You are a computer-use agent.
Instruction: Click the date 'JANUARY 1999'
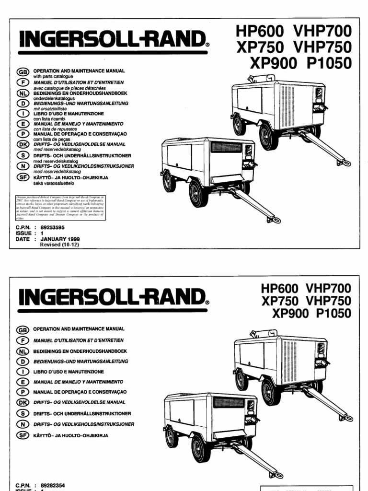tap(60, 239)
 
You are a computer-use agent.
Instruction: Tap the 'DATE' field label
tap(23, 239)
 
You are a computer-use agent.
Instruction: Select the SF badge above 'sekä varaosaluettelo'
tap(23, 178)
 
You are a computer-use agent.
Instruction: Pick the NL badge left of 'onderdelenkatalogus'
tap(23, 94)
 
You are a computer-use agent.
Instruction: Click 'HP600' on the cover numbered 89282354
tap(279, 289)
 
